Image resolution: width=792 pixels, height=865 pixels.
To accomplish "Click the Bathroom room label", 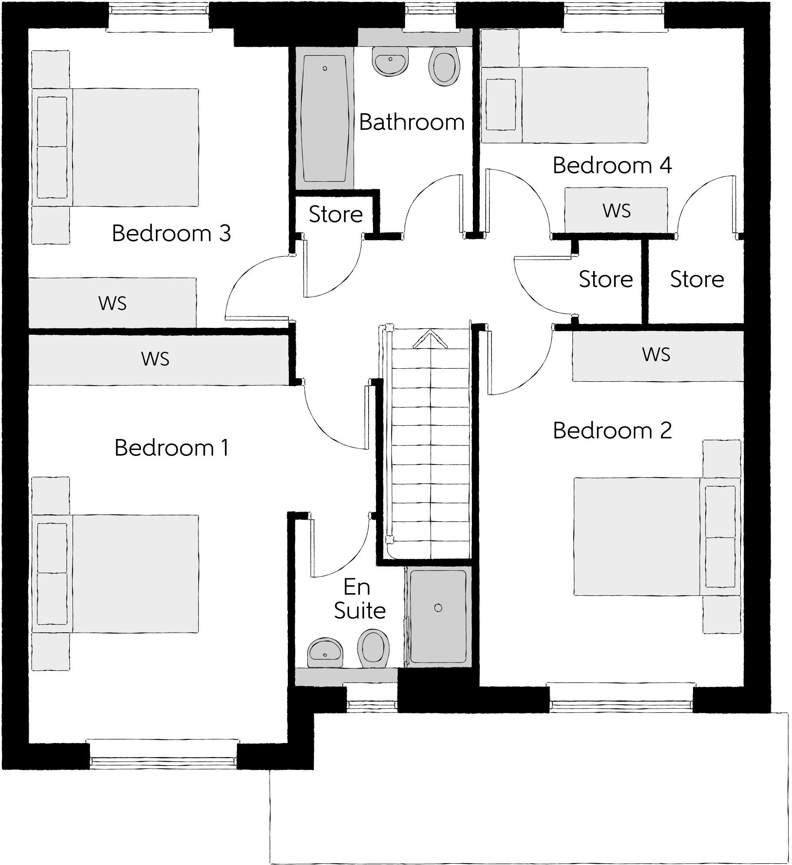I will point(412,122).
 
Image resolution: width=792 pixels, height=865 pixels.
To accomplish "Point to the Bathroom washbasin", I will point(390,62).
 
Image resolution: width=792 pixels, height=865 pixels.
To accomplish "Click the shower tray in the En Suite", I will point(438,617).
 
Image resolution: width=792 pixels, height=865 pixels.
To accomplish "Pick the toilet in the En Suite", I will point(373,648).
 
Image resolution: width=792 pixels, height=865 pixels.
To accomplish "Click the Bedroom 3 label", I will point(171,233).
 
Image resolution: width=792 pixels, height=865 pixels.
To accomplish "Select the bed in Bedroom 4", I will point(564,105).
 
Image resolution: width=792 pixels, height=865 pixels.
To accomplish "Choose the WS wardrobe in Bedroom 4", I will point(616,211).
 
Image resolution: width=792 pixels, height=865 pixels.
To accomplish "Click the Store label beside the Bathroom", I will point(335,215).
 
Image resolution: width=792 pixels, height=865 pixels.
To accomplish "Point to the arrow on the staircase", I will point(430,340).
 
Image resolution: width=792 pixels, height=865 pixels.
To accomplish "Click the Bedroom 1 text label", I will point(171,448).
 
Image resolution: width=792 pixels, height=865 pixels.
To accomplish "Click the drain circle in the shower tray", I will point(438,608).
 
